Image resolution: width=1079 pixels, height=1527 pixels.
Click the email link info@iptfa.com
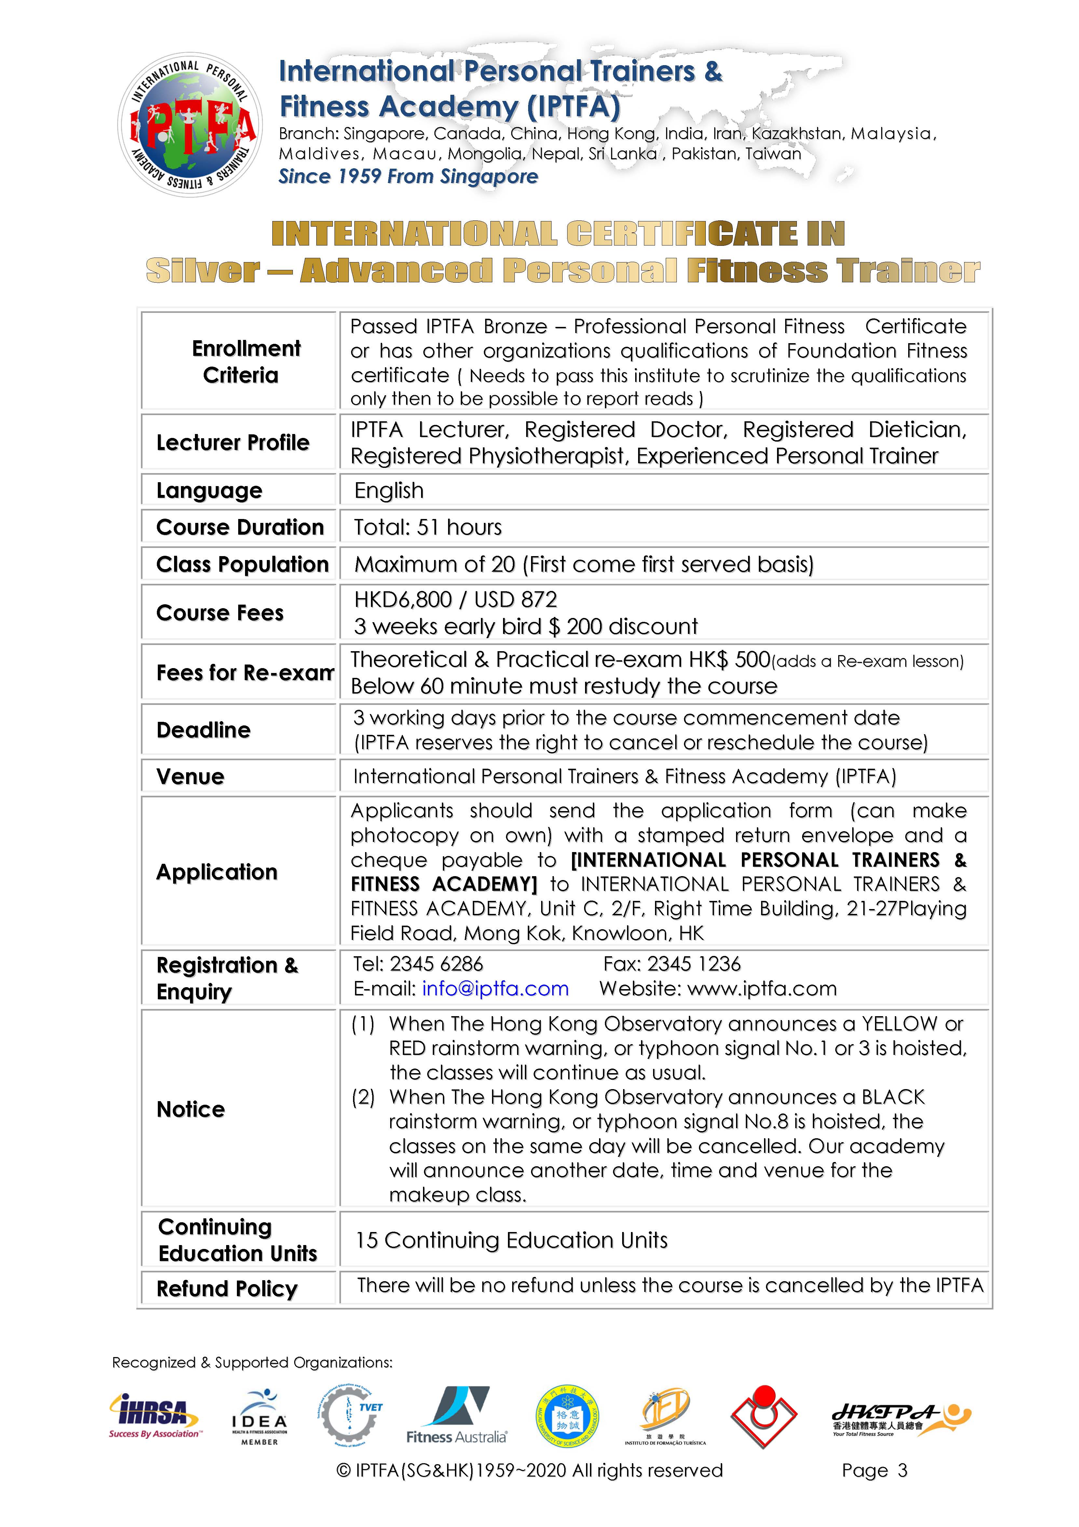click(x=495, y=989)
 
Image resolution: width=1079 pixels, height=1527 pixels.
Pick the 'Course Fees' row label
click(x=220, y=612)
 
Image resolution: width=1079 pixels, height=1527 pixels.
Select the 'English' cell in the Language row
click(x=389, y=491)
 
